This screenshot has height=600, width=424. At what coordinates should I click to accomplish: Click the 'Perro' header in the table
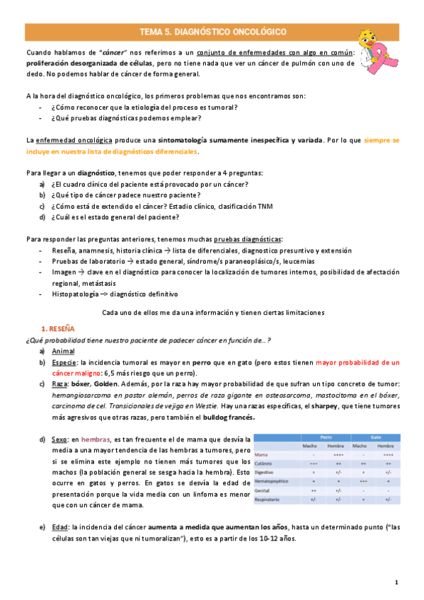pyautogui.click(x=326, y=437)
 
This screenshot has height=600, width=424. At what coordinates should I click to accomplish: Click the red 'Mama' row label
pyautogui.click(x=261, y=454)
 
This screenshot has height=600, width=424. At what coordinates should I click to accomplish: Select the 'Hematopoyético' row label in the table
pyautogui.click(x=273, y=481)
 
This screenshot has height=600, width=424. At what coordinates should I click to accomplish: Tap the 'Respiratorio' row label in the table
pyautogui.click(x=269, y=499)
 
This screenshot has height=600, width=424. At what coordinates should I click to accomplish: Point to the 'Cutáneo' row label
pyautogui.click(x=265, y=463)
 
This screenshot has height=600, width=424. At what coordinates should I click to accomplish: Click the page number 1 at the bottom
pyautogui.click(x=397, y=582)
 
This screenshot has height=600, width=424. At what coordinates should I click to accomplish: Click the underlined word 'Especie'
pyautogui.click(x=65, y=362)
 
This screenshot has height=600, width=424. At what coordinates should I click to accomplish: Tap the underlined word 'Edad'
pyautogui.click(x=61, y=527)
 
